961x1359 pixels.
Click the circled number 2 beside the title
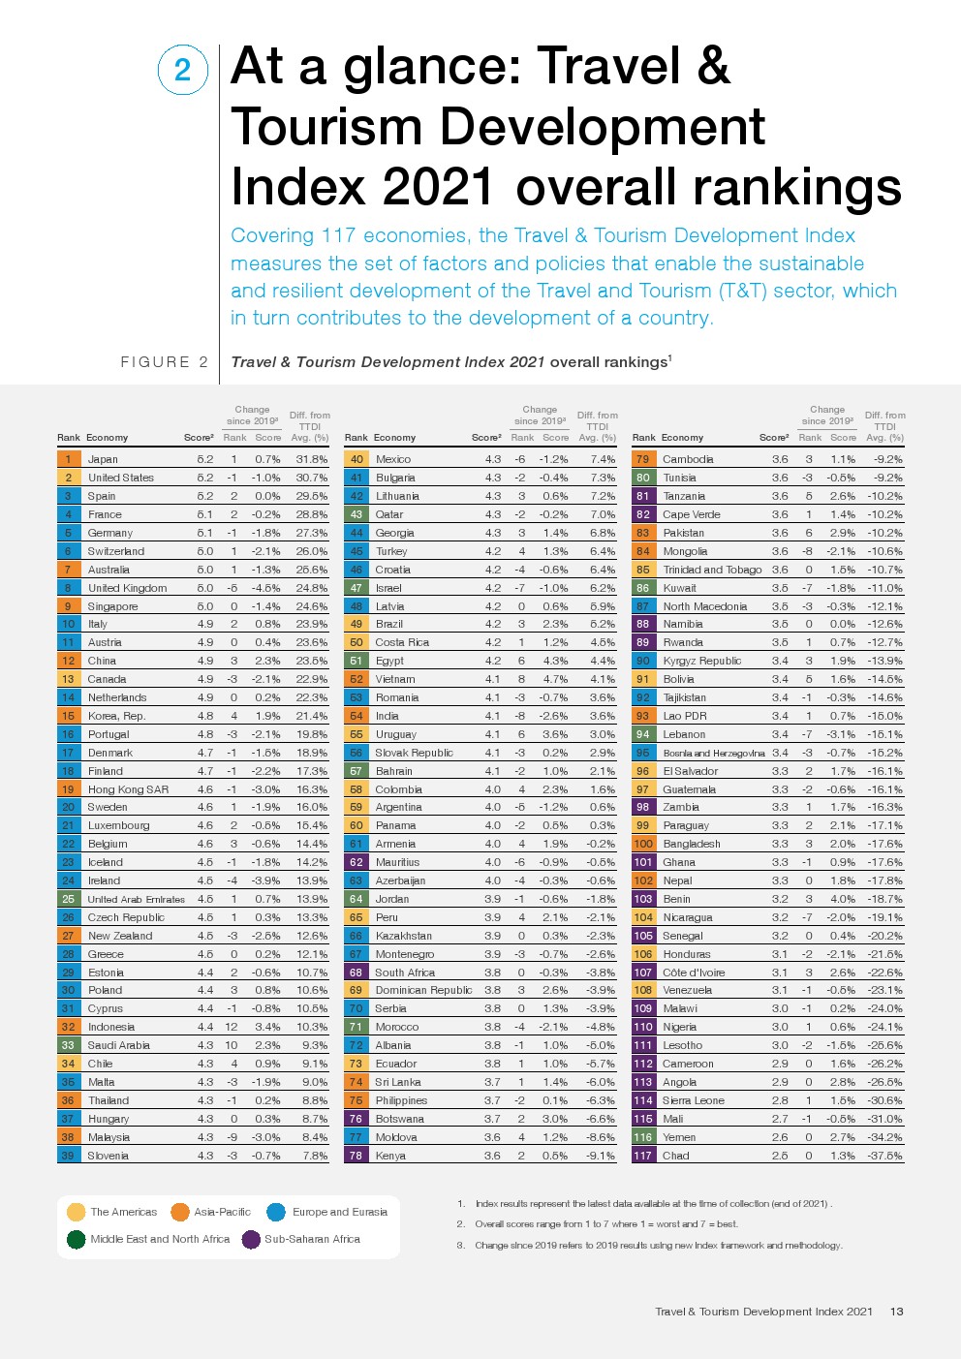pyautogui.click(x=182, y=70)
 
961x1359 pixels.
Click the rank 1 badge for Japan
pyautogui.click(x=68, y=459)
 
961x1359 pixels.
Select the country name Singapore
pyautogui.click(x=112, y=606)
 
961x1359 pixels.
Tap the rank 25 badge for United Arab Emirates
pyautogui.click(x=68, y=899)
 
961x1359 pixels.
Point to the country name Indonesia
pyautogui.click(x=110, y=1027)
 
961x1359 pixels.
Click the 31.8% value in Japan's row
pyautogui.click(x=311, y=459)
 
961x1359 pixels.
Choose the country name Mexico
pyautogui.click(x=392, y=459)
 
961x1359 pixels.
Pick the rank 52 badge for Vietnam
pyautogui.click(x=356, y=679)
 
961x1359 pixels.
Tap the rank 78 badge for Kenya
pyautogui.click(x=356, y=1156)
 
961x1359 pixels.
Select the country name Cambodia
pyautogui.click(x=688, y=459)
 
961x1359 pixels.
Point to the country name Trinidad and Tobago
pyautogui.click(x=712, y=570)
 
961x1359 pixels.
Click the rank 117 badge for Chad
pyautogui.click(x=643, y=1156)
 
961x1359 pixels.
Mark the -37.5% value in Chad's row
pyautogui.click(x=884, y=1156)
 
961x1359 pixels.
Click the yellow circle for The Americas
pyautogui.click(x=76, y=1212)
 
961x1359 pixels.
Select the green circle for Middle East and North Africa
pyautogui.click(x=76, y=1239)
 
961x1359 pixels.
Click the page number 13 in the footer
pyautogui.click(x=896, y=1312)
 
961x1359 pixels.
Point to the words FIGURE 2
pyautogui.click(x=164, y=362)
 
